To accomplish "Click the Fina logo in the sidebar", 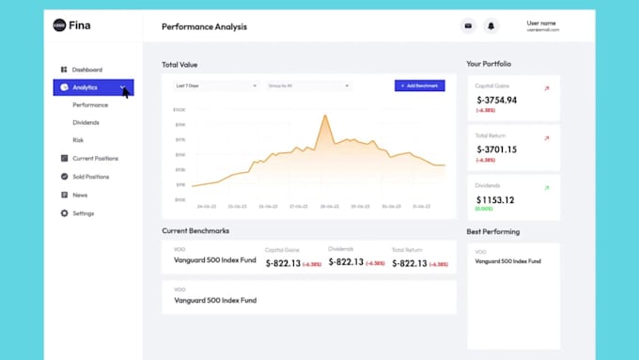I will coord(73,25).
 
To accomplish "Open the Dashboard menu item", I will coord(86,70).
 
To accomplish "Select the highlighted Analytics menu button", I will coord(93,87).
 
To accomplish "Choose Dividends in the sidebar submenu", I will coord(86,122).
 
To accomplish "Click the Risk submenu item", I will coord(78,140).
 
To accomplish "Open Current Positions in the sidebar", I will coord(95,158).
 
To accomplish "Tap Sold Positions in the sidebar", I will coord(90,177).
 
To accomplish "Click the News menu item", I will coord(80,195).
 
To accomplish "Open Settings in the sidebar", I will coord(83,213).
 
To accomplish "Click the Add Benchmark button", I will coord(419,86).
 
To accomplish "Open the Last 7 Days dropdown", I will coord(215,86).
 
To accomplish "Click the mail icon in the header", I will coord(468,26).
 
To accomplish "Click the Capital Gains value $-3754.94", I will coord(496,100).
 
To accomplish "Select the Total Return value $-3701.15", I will coord(496,149).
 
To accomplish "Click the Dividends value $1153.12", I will coord(495,199).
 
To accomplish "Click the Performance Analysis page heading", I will coord(204,26).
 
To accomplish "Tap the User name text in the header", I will coord(541,23).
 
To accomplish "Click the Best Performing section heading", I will coord(492,231).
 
